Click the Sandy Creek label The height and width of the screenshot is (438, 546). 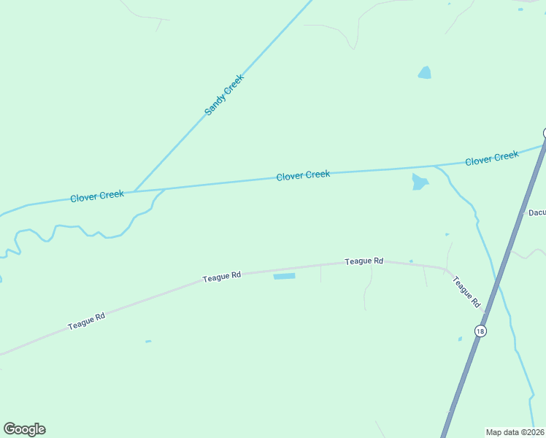click(x=223, y=95)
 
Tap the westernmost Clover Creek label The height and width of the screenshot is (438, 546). click(x=97, y=196)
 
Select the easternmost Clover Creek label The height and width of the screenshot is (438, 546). click(x=492, y=158)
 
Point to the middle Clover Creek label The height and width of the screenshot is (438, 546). click(x=303, y=175)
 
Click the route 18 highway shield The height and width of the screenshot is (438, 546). click(x=480, y=331)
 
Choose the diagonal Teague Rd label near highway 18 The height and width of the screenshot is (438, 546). click(x=466, y=291)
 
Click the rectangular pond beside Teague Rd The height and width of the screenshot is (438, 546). click(x=284, y=276)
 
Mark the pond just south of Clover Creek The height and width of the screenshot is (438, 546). click(x=419, y=182)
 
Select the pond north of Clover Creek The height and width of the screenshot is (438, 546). click(x=424, y=72)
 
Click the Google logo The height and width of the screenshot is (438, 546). click(x=24, y=429)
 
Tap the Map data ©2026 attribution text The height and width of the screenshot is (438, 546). click(x=514, y=432)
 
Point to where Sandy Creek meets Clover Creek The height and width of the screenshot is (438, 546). click(x=134, y=191)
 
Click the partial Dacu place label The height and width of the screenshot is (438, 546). click(x=537, y=212)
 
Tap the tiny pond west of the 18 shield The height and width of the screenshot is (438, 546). click(x=460, y=339)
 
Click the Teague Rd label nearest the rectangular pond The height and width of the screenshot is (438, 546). click(x=222, y=276)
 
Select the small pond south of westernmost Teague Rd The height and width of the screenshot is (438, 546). click(x=148, y=341)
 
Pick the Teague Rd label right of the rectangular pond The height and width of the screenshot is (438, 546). click(x=364, y=261)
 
